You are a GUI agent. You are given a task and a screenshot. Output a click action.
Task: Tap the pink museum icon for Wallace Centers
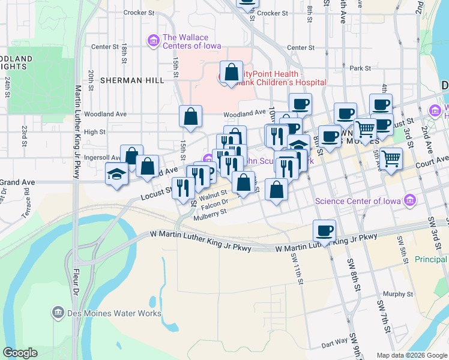coord(153,41)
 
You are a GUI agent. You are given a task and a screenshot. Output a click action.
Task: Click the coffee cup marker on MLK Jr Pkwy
coord(324,230)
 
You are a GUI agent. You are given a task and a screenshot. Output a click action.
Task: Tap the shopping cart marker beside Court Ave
coord(391,159)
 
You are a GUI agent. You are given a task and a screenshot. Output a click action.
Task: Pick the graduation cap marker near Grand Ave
coord(116,174)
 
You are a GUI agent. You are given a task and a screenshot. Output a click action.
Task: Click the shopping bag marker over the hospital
coord(231,73)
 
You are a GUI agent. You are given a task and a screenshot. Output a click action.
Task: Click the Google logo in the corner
coord(20,353)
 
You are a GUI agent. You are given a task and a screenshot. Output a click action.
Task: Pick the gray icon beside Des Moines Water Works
coord(58,313)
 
